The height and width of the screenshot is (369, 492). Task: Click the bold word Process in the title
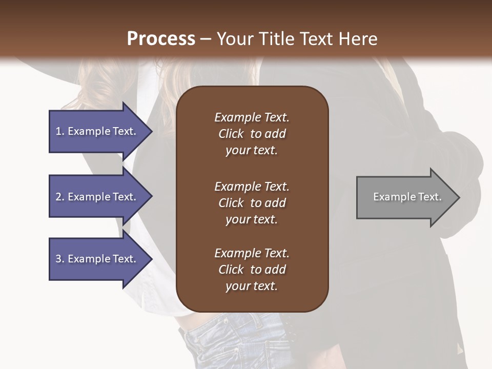161,39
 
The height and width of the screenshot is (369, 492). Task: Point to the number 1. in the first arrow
60,131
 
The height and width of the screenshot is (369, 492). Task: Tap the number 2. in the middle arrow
60,197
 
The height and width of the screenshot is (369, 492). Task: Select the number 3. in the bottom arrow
60,259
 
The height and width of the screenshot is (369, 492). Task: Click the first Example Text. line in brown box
252,117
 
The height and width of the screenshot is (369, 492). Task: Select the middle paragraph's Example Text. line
252,187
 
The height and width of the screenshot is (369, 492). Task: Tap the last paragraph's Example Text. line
252,253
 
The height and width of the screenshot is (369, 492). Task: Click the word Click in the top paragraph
231,134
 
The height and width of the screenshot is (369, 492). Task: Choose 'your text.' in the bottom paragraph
252,286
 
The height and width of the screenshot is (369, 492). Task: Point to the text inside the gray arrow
407,197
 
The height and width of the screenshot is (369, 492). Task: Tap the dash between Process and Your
206,39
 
